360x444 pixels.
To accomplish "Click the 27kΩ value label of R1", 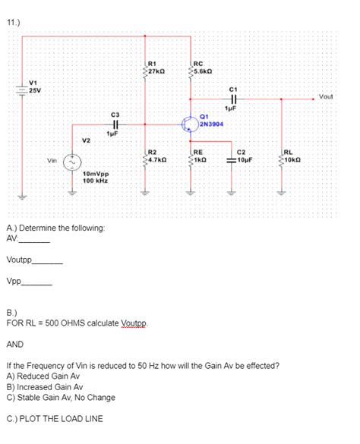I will [x=159, y=71].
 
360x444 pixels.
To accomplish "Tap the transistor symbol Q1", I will [x=190, y=123].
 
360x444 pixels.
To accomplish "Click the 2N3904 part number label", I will [x=210, y=123].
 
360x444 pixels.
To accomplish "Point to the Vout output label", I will [x=326, y=96].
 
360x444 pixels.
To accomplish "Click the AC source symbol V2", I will [x=73, y=161].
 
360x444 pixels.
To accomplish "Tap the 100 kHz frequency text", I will [x=94, y=181].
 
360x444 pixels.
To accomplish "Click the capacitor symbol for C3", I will [x=115, y=124].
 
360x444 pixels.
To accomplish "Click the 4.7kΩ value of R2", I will [x=159, y=161].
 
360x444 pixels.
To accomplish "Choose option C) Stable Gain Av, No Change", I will [x=60, y=396].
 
